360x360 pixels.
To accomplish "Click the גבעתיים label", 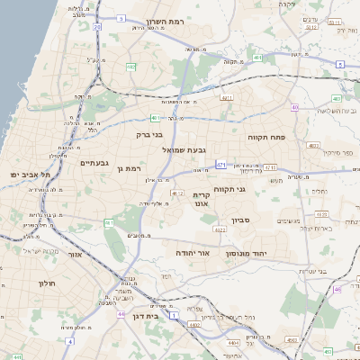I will pyautogui.click(x=94, y=163).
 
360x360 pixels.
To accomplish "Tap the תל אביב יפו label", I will pyautogui.click(x=26, y=174).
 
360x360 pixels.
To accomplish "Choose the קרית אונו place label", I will pyautogui.click(x=202, y=199).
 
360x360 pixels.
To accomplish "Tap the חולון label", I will pyautogui.click(x=48, y=283).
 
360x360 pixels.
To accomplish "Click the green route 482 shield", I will pyautogui.click(x=130, y=67).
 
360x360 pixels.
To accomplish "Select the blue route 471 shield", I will pyautogui.click(x=220, y=165).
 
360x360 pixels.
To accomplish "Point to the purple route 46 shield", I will pyautogui.click(x=337, y=290).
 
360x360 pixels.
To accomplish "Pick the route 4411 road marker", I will pyautogui.click(x=226, y=97).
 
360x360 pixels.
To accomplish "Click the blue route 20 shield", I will pyautogui.click(x=96, y=27).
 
